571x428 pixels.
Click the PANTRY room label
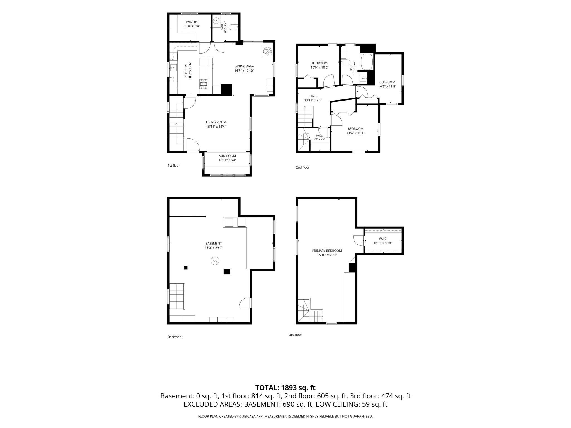click(192, 22)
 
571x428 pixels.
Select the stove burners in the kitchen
click(203, 84)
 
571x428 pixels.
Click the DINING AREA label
click(244, 66)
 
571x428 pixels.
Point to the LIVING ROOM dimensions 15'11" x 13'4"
click(216, 127)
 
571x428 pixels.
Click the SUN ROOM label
click(227, 156)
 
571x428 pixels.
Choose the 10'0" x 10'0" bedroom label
click(320, 65)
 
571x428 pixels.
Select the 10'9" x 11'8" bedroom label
click(387, 84)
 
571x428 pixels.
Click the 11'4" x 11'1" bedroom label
click(355, 131)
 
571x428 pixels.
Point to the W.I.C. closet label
click(383, 239)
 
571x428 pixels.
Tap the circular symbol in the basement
click(215, 261)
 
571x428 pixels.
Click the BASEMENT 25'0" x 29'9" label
click(214, 245)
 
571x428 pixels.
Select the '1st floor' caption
click(174, 166)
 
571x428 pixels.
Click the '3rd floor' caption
click(296, 335)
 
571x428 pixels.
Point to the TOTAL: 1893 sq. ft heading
click(285, 388)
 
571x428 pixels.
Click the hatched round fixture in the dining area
click(268, 51)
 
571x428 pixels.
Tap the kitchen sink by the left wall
click(173, 68)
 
